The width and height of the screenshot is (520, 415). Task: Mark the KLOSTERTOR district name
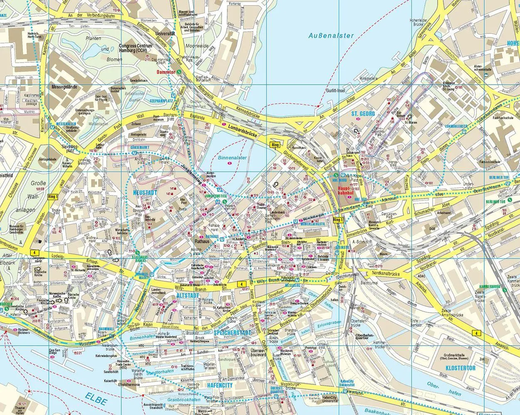[x=460, y=368]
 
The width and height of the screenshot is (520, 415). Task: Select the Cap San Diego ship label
[x=58, y=352]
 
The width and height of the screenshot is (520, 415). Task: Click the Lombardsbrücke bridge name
[x=240, y=131]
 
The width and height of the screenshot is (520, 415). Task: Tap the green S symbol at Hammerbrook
[x=504, y=291]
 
